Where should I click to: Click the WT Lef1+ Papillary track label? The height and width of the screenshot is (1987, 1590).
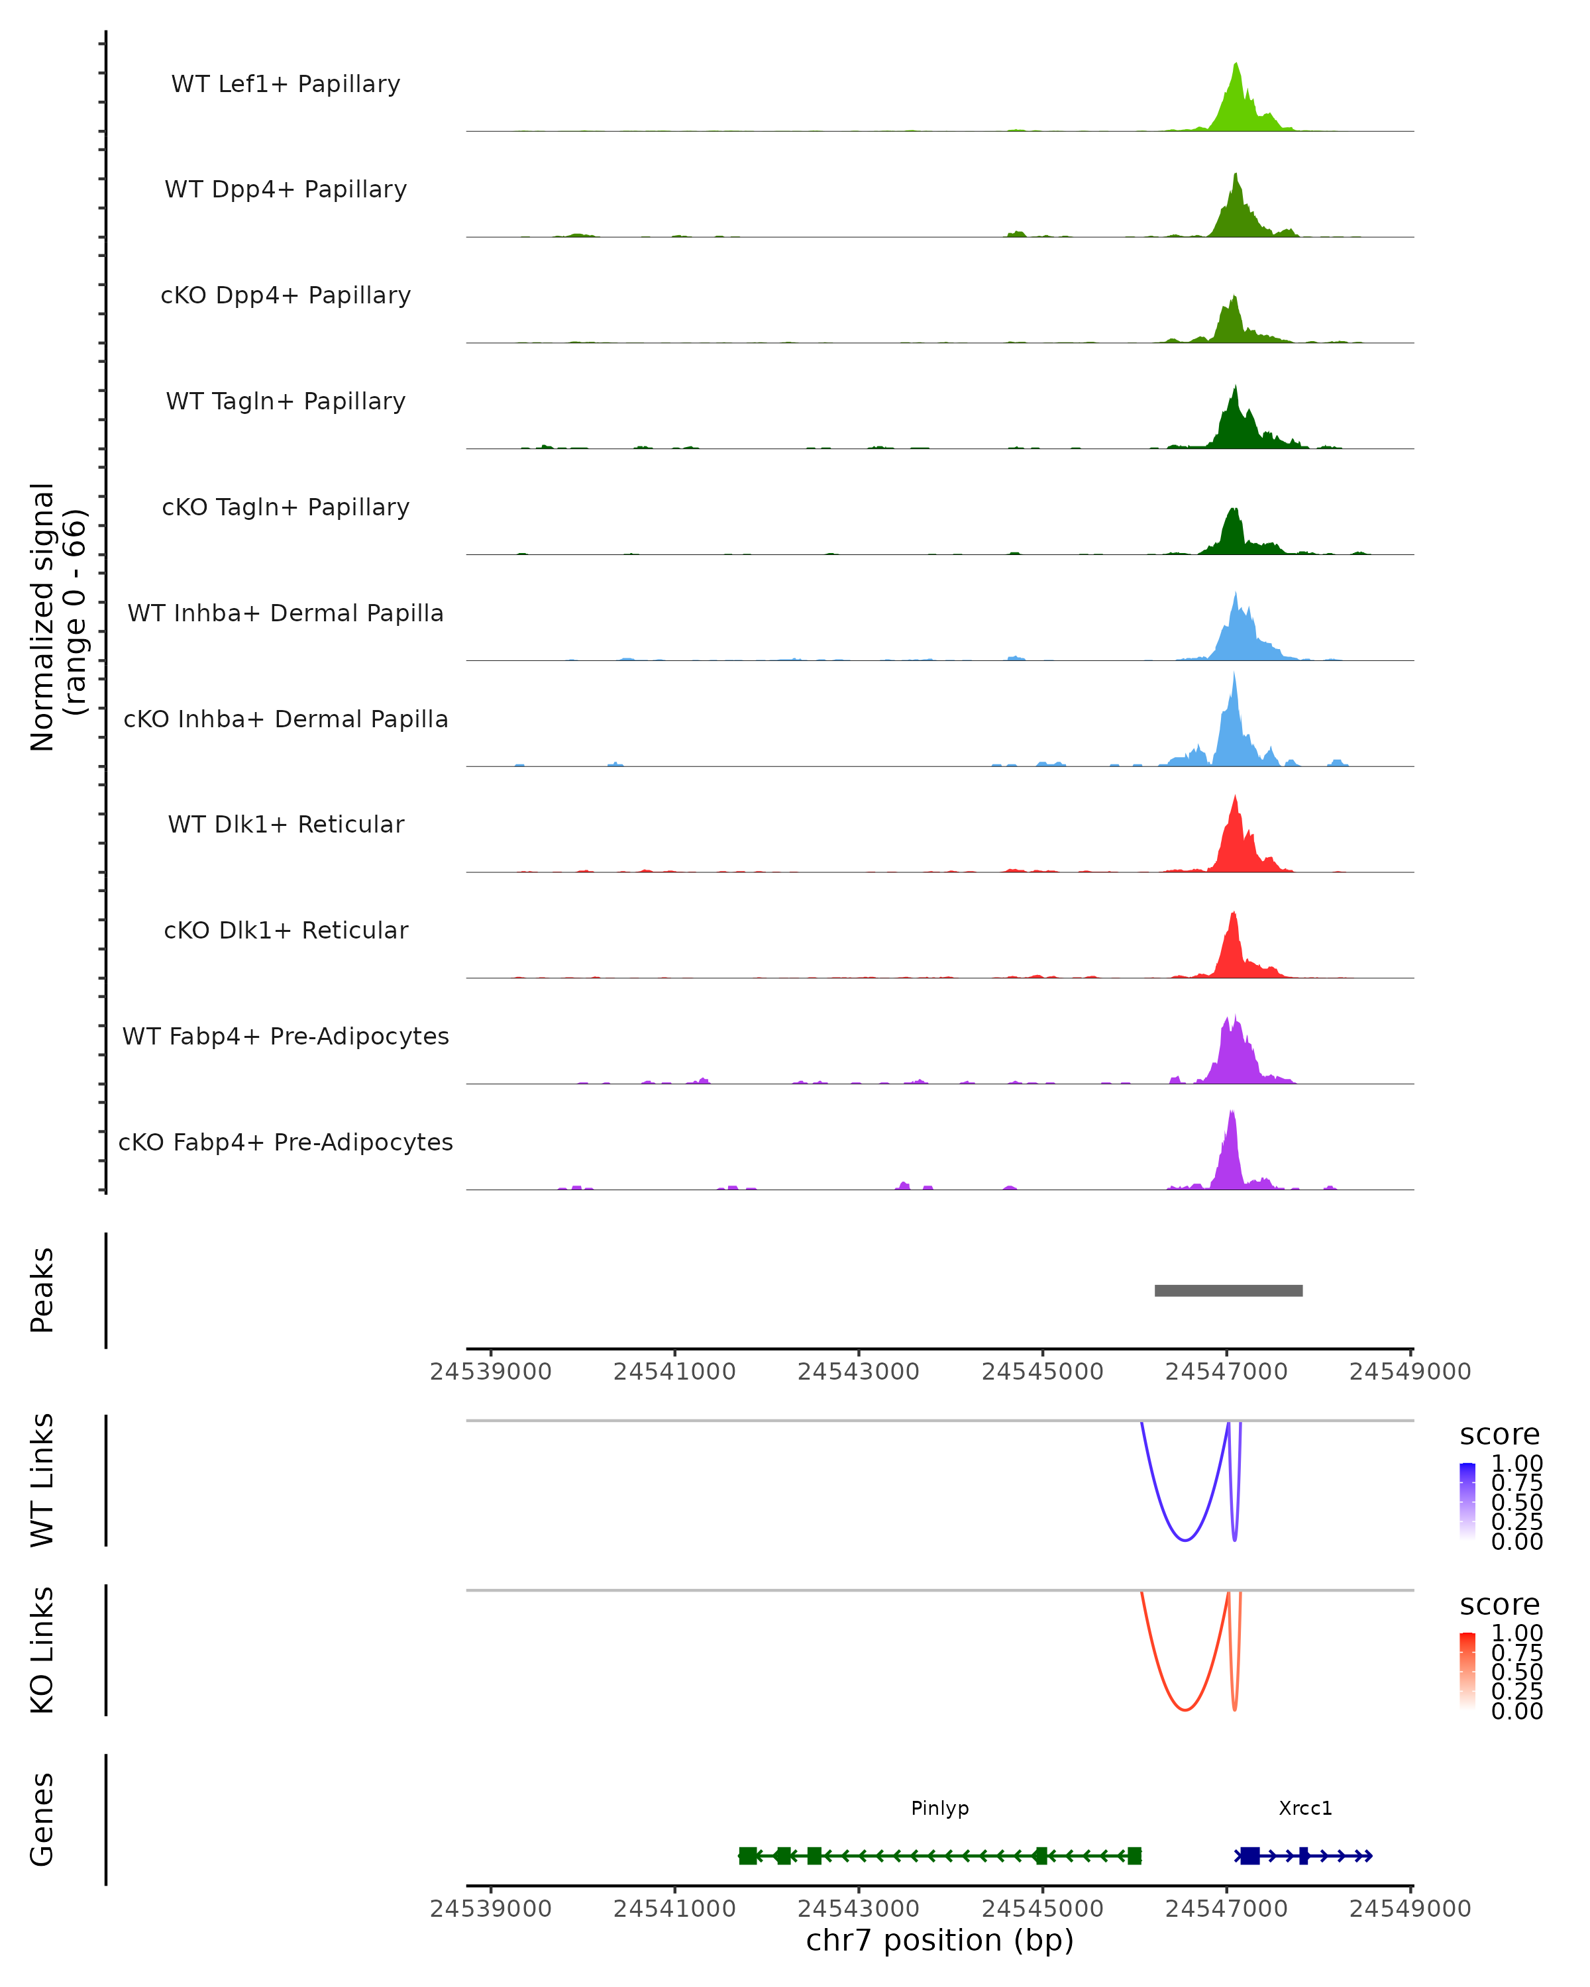tap(286, 84)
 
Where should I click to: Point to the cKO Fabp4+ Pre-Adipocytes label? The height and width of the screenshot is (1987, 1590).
tap(286, 1142)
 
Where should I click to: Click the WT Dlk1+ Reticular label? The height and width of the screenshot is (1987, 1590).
tap(286, 824)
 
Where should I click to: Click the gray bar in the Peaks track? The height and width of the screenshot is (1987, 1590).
tap(1229, 1290)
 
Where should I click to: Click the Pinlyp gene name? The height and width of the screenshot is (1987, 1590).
tap(939, 1808)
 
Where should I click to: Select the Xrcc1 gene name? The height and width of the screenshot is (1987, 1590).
tap(1305, 1808)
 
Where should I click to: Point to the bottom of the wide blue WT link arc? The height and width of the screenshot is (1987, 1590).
tap(1185, 1540)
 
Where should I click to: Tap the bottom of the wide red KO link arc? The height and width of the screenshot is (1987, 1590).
tap(1185, 1709)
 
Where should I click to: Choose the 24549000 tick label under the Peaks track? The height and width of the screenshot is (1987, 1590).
tap(1410, 1372)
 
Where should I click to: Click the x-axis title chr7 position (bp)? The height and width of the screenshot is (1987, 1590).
tap(939, 1940)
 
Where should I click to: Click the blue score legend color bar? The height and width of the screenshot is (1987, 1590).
tap(1467, 1502)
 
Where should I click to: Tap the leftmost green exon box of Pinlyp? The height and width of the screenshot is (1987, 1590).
tap(747, 1855)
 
